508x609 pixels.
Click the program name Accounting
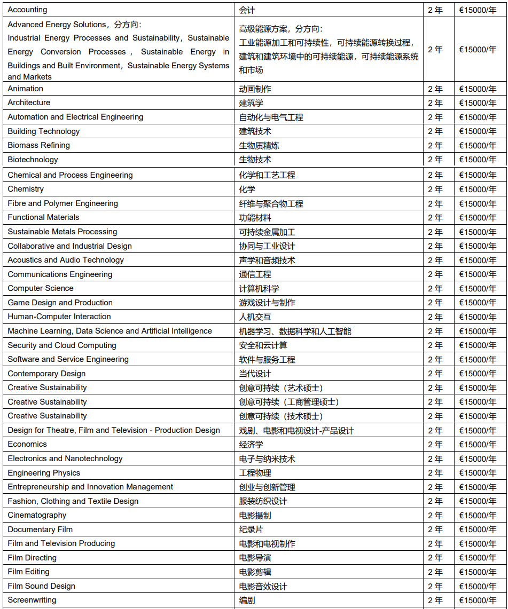click(x=27, y=10)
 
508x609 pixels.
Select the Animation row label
click(x=26, y=89)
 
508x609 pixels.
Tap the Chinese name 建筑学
click(x=251, y=102)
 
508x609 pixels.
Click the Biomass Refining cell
click(x=38, y=145)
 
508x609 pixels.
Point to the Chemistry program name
click(x=26, y=189)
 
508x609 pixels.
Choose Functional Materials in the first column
click(x=43, y=217)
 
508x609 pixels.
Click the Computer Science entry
click(x=41, y=288)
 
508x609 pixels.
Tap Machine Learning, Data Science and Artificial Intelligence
click(x=110, y=331)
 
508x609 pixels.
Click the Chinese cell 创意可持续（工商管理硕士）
click(x=289, y=402)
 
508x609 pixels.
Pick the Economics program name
click(x=27, y=444)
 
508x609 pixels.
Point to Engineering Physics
click(x=44, y=473)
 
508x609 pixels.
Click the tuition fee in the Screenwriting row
click(x=478, y=600)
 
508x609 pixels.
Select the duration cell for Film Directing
click(x=435, y=558)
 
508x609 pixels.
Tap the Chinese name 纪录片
click(x=251, y=529)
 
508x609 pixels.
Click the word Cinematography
click(x=37, y=515)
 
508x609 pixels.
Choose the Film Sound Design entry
click(x=41, y=586)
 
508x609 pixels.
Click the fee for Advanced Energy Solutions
click(x=478, y=50)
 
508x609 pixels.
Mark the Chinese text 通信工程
click(x=255, y=274)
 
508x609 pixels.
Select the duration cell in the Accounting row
click(x=435, y=10)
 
